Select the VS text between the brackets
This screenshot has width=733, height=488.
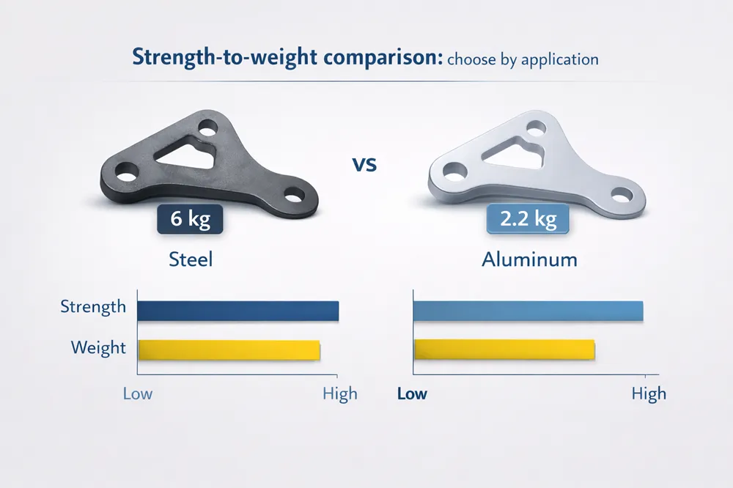[x=364, y=163]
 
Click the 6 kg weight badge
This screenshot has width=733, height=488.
[x=190, y=219]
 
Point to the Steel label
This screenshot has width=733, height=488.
[x=191, y=259]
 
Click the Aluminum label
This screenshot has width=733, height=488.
[x=529, y=259]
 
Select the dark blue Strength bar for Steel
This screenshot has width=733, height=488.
[x=237, y=311]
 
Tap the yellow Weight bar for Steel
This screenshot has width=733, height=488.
[x=229, y=350]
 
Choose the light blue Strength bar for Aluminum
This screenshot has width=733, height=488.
[x=528, y=311]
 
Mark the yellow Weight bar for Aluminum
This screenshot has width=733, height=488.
[x=504, y=350]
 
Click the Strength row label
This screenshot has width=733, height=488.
[x=93, y=306]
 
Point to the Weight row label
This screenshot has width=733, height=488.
[x=99, y=347]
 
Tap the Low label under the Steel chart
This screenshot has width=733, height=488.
[x=138, y=393]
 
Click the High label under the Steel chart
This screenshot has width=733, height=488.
[x=340, y=393]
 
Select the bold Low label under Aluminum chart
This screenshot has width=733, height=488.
[x=412, y=393]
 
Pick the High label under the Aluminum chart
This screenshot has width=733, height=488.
[x=649, y=393]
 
